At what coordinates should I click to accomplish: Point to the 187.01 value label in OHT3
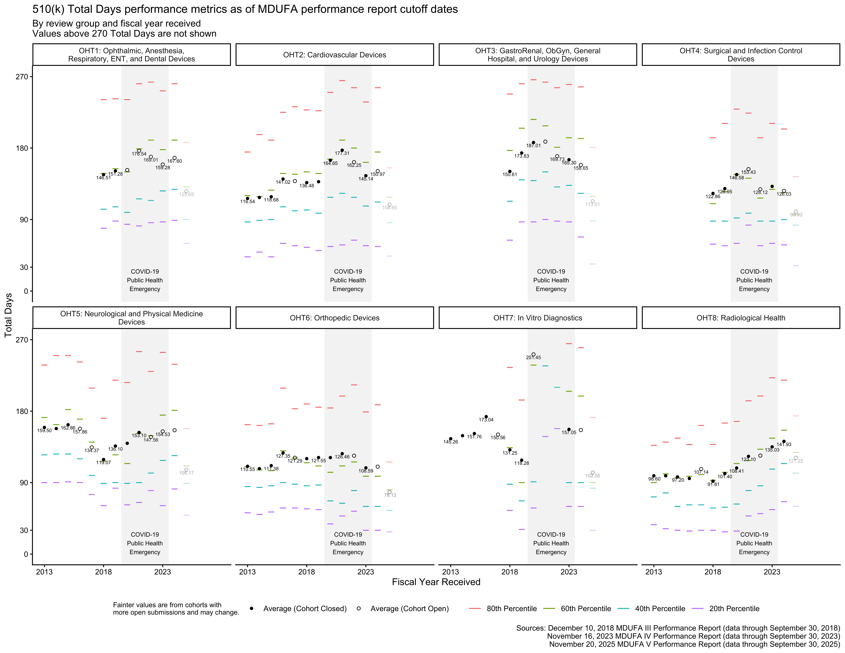(533, 145)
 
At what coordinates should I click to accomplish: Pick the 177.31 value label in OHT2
(342, 153)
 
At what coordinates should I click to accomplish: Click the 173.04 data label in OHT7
(486, 420)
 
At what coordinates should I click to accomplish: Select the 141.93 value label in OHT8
(784, 444)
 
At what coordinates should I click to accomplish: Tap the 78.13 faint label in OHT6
(390, 495)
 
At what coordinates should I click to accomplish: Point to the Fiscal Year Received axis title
(436, 582)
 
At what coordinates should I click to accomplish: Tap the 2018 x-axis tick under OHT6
(306, 572)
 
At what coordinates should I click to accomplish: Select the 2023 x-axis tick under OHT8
(772, 572)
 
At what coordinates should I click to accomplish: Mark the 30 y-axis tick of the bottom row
(24, 530)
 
